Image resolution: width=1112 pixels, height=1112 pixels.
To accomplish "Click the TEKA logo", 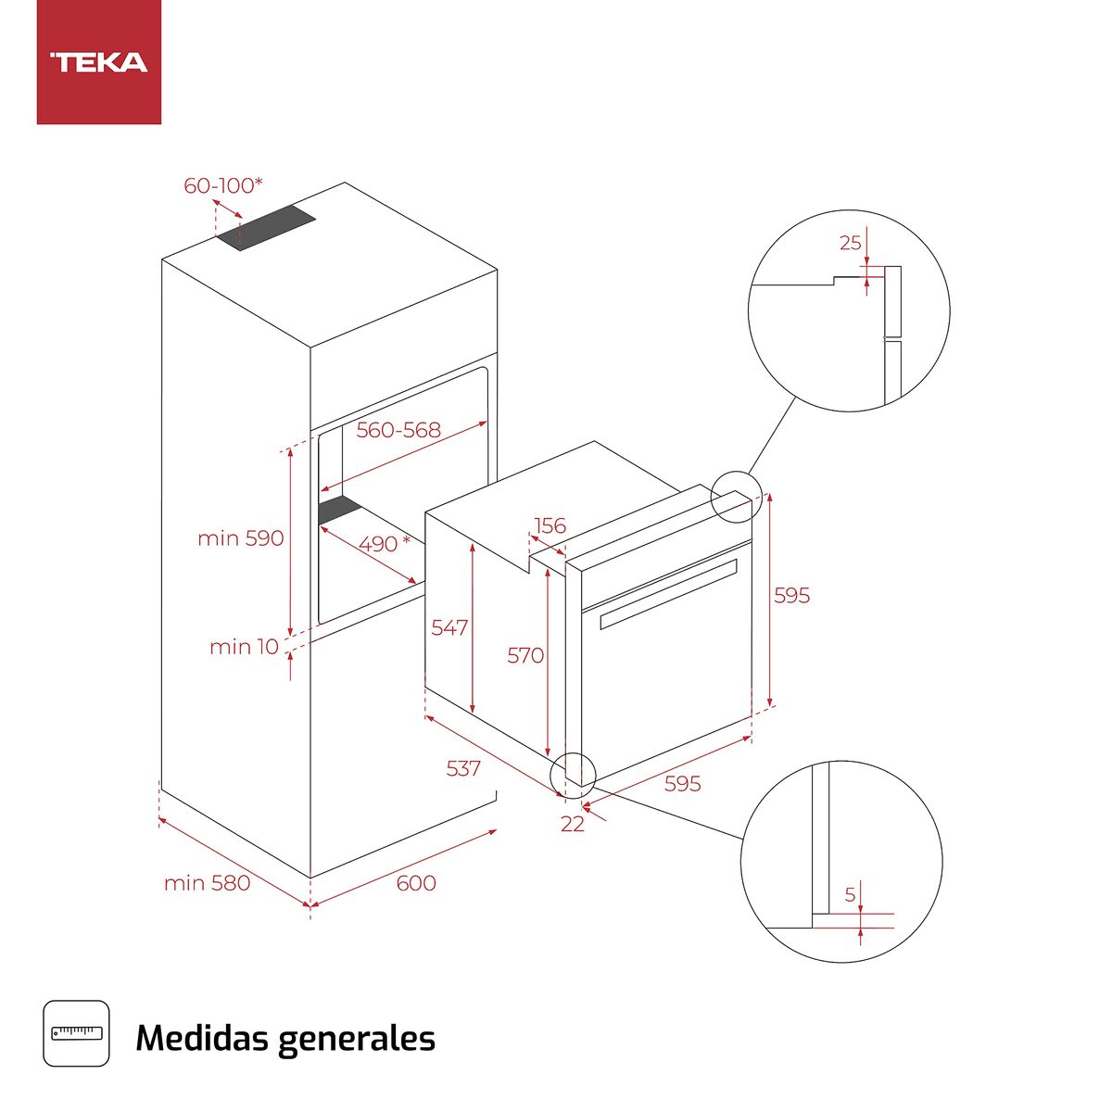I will [99, 63].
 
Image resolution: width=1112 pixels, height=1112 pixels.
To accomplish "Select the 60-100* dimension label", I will [222, 186].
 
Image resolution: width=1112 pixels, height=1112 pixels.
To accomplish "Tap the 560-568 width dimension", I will [398, 430].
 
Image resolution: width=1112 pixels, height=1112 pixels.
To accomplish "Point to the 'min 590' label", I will [240, 538].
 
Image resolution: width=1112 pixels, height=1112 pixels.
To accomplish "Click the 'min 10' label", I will [244, 647].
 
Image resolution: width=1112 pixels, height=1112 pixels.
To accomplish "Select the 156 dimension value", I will [550, 526].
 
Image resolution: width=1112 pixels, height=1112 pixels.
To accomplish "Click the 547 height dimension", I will [449, 628].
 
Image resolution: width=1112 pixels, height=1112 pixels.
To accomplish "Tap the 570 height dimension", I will [525, 656].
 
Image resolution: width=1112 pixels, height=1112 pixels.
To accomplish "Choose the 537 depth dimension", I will [463, 768].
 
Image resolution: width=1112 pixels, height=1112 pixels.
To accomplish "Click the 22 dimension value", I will [573, 824].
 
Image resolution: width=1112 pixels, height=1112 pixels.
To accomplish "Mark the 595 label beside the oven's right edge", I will [791, 596].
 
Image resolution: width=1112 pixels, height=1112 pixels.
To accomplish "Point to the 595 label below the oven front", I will [682, 784].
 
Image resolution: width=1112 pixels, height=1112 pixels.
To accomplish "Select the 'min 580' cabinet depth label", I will [207, 884].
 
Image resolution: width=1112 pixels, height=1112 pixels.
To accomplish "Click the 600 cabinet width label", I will [416, 883].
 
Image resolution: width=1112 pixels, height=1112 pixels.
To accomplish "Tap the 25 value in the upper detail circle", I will [850, 244].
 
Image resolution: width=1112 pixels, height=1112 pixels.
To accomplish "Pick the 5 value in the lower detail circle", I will [850, 896].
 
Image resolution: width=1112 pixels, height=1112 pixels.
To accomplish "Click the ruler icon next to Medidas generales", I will [76, 1033].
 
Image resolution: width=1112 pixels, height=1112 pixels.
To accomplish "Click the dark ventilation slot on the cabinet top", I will [267, 228].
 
